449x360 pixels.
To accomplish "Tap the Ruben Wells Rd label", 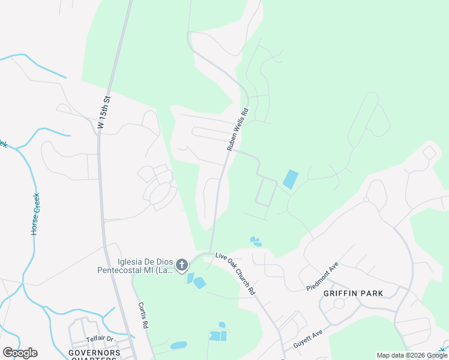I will (x=237, y=129).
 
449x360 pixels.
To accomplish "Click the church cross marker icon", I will (x=182, y=265).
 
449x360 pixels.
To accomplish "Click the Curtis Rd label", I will (x=143, y=315).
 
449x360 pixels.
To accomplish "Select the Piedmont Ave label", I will (x=322, y=274).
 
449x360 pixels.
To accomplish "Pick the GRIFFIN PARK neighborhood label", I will (x=353, y=293).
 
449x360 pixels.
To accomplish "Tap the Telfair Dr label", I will (x=99, y=339).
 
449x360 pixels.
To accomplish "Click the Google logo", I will (x=20, y=353).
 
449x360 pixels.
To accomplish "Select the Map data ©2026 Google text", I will (x=411, y=355).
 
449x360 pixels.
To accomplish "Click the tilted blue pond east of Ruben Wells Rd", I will (x=290, y=179).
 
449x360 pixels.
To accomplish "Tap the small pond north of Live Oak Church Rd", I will (x=256, y=241).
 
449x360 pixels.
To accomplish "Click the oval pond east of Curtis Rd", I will (x=178, y=346).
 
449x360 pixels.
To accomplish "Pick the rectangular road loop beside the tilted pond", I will (x=265, y=193).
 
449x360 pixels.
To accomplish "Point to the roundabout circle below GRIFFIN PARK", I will (x=339, y=304).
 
